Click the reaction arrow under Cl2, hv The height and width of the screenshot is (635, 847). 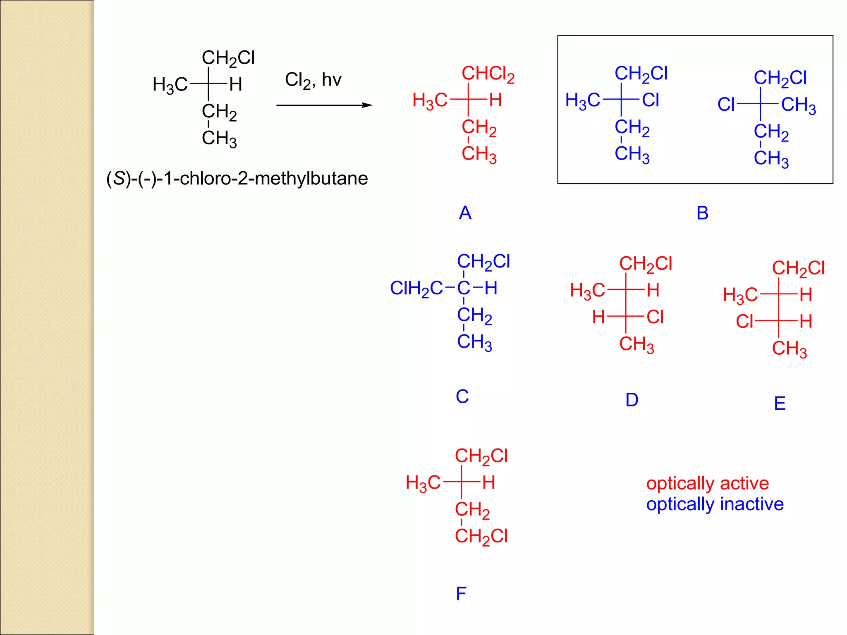[x=324, y=105]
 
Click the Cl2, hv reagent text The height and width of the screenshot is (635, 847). [x=313, y=80]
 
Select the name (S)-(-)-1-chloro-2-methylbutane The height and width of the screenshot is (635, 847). [x=237, y=179]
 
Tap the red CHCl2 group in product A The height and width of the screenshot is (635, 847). [x=488, y=74]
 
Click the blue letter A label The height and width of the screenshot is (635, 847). [x=465, y=213]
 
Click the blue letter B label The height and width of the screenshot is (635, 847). [x=702, y=213]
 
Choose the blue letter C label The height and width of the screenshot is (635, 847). [x=462, y=396]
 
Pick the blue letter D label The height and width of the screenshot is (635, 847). [x=632, y=400]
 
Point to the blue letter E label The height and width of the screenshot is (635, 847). [x=780, y=403]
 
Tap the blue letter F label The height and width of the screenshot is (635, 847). [x=461, y=594]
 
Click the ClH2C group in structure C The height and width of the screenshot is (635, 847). [x=416, y=289]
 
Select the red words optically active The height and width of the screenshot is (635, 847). [x=707, y=483]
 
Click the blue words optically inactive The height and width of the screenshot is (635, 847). [x=715, y=504]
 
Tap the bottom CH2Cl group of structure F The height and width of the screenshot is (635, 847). [x=481, y=537]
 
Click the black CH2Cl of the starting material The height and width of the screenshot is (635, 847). [x=228, y=58]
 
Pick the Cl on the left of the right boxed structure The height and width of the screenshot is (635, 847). [x=726, y=105]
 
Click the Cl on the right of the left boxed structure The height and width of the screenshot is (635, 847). [x=651, y=100]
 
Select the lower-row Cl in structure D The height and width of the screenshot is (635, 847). [x=655, y=317]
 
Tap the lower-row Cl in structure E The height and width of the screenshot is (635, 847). [x=744, y=322]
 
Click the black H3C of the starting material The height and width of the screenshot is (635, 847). [x=170, y=85]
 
